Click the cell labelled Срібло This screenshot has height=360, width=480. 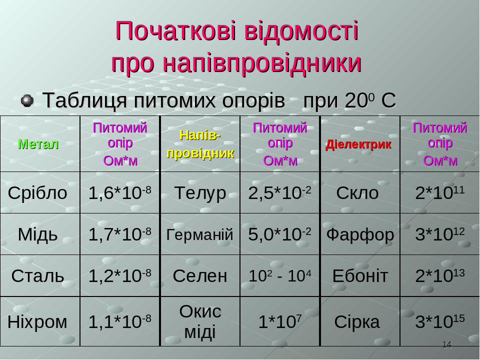pyautogui.click(x=37, y=193)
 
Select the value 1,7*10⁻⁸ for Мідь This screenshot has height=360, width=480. pyautogui.click(x=119, y=234)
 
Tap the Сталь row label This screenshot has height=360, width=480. pyautogui.click(x=38, y=275)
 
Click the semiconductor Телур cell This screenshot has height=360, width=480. pyautogui.click(x=200, y=193)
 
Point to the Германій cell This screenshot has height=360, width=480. pyautogui.click(x=200, y=234)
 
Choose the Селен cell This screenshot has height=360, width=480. pyautogui.click(x=200, y=275)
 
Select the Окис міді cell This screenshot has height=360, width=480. pyautogui.click(x=200, y=321)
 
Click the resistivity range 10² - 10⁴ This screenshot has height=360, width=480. pyautogui.click(x=280, y=275)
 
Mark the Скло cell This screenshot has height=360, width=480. pyautogui.click(x=357, y=193)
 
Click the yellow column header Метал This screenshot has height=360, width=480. pyautogui.click(x=38, y=144)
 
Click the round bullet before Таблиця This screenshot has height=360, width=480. pyautogui.click(x=28, y=100)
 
